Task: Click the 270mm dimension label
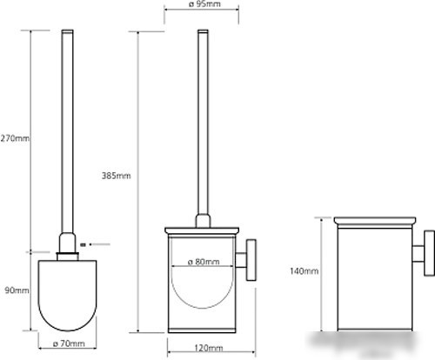(x=15, y=138)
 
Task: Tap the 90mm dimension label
(x=17, y=290)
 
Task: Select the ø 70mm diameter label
(x=69, y=343)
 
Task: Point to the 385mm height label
(x=116, y=176)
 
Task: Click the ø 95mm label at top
(x=204, y=4)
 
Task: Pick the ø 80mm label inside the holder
(x=204, y=262)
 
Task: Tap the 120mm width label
(x=209, y=348)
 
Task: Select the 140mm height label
(x=304, y=271)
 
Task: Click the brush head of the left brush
(x=67, y=296)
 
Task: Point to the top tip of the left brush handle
(x=67, y=30)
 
